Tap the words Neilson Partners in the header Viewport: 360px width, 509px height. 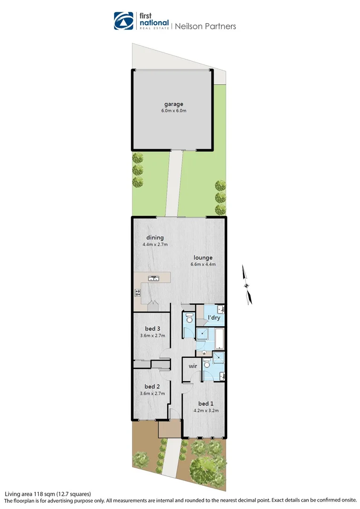click(205, 26)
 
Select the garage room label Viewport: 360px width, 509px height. click(173, 104)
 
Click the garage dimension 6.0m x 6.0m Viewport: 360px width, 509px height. click(173, 111)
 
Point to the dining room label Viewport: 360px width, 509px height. click(155, 238)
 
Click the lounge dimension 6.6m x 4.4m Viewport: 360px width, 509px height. click(203, 264)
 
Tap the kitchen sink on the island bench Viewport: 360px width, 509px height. click(153, 278)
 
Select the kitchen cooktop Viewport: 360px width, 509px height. click(138, 293)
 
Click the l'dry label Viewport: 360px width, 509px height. click(214, 318)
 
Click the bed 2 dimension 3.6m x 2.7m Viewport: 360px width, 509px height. click(152, 393)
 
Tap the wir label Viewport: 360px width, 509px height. click(192, 366)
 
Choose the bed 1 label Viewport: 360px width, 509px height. click(206, 403)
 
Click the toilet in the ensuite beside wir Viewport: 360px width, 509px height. click(206, 364)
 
